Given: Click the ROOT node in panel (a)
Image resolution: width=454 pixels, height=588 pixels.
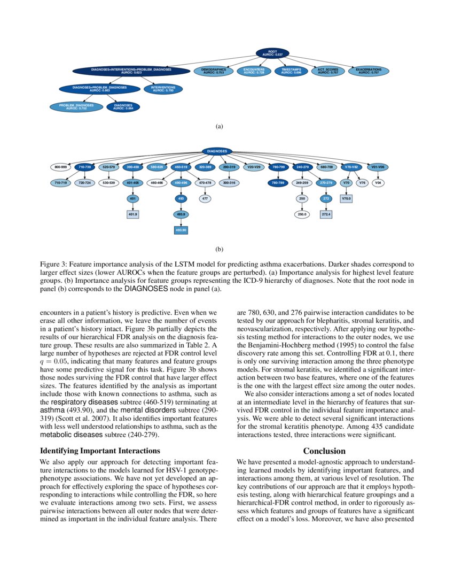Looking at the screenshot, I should (272, 52).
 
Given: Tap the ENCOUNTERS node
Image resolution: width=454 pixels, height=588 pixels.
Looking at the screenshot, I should (254, 71).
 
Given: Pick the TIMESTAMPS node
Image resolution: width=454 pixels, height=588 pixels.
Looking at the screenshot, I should (291, 71).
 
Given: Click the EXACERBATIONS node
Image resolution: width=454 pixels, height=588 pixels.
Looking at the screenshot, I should (368, 71).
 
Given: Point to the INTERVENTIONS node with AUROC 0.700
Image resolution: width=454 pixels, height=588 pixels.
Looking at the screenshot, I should (163, 88).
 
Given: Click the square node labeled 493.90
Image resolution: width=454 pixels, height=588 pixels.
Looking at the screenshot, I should (181, 230).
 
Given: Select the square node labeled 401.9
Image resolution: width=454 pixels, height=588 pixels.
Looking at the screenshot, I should (132, 214).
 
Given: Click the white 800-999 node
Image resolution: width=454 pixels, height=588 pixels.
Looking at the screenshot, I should (60, 167).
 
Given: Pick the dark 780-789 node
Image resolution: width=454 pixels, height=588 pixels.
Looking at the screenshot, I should (278, 183).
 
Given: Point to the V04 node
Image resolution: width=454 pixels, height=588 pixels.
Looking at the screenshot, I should (378, 183).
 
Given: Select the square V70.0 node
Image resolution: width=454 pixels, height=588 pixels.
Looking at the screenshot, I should (346, 198).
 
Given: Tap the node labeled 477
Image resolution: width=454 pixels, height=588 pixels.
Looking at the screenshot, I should (204, 198).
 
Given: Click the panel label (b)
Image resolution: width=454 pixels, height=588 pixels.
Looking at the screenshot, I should (219, 249).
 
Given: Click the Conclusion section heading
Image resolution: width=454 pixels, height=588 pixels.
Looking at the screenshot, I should (324, 451).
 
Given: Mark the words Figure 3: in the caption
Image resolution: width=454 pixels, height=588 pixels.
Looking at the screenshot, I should (53, 264).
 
